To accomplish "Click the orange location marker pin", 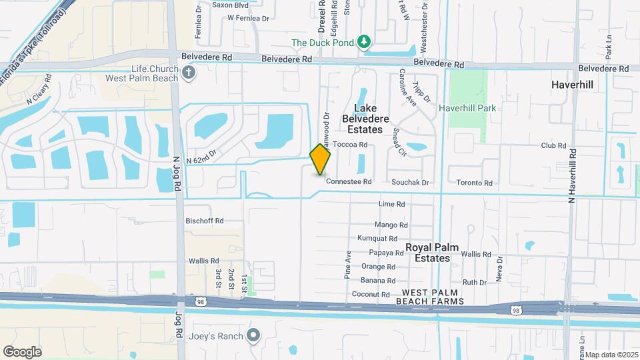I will [x=321, y=159].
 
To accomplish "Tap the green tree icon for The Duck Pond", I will [x=364, y=43].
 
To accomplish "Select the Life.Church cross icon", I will [x=189, y=72].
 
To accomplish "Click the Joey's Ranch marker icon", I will [x=253, y=335].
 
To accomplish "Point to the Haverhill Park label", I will [x=470, y=108].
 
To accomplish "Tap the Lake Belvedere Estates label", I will [x=363, y=119].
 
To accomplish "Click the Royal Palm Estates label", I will [x=431, y=253].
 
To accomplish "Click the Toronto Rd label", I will [x=474, y=183].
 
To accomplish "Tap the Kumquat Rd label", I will [x=377, y=238].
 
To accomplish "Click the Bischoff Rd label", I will [x=205, y=221].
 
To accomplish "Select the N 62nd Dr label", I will [x=202, y=159].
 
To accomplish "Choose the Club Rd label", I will [x=553, y=145].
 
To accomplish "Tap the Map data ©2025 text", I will [x=611, y=354].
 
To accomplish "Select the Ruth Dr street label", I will [x=474, y=282].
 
